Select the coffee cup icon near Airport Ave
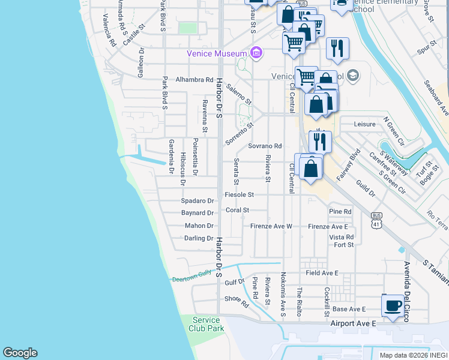pyautogui.click(x=393, y=305)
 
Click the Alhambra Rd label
pyautogui.click(x=194, y=79)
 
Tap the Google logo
pyautogui.click(x=20, y=353)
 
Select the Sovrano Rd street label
pyautogui.click(x=265, y=146)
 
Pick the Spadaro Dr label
pyautogui.click(x=197, y=201)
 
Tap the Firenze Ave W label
pyautogui.click(x=271, y=226)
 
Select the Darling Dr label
pyautogui.click(x=199, y=238)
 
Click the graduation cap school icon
pyautogui.click(x=352, y=76)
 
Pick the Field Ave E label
pyautogui.click(x=322, y=273)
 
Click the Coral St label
pyautogui.click(x=237, y=210)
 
